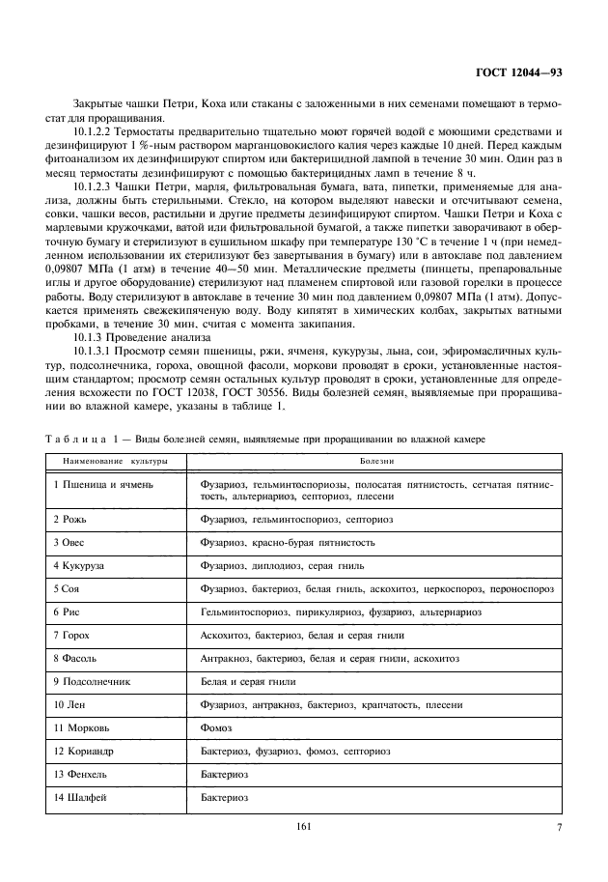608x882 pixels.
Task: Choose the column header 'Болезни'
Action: point(373,462)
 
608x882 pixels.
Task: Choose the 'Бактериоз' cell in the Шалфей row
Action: point(225,797)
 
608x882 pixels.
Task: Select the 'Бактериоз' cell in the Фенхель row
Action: point(225,774)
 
